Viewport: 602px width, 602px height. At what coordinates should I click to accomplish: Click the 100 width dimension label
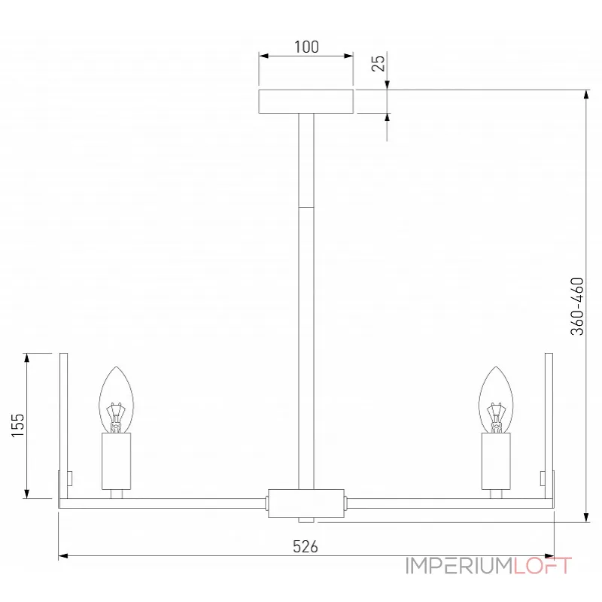pos(306,47)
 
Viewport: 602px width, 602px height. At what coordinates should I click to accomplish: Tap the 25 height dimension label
pos(379,63)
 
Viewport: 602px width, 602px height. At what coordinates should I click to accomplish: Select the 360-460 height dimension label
pos(577,306)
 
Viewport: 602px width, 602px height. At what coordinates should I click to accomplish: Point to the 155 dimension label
pos(17,425)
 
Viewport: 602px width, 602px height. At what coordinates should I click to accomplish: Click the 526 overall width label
pos(306,547)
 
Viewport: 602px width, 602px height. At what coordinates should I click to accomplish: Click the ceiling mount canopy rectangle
pos(306,102)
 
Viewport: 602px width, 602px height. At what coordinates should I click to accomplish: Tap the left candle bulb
pos(117,400)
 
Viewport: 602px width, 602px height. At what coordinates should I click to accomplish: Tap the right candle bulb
pos(496,400)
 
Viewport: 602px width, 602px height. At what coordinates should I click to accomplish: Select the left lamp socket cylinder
pos(117,461)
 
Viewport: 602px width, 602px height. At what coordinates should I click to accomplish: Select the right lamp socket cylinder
pos(496,461)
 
